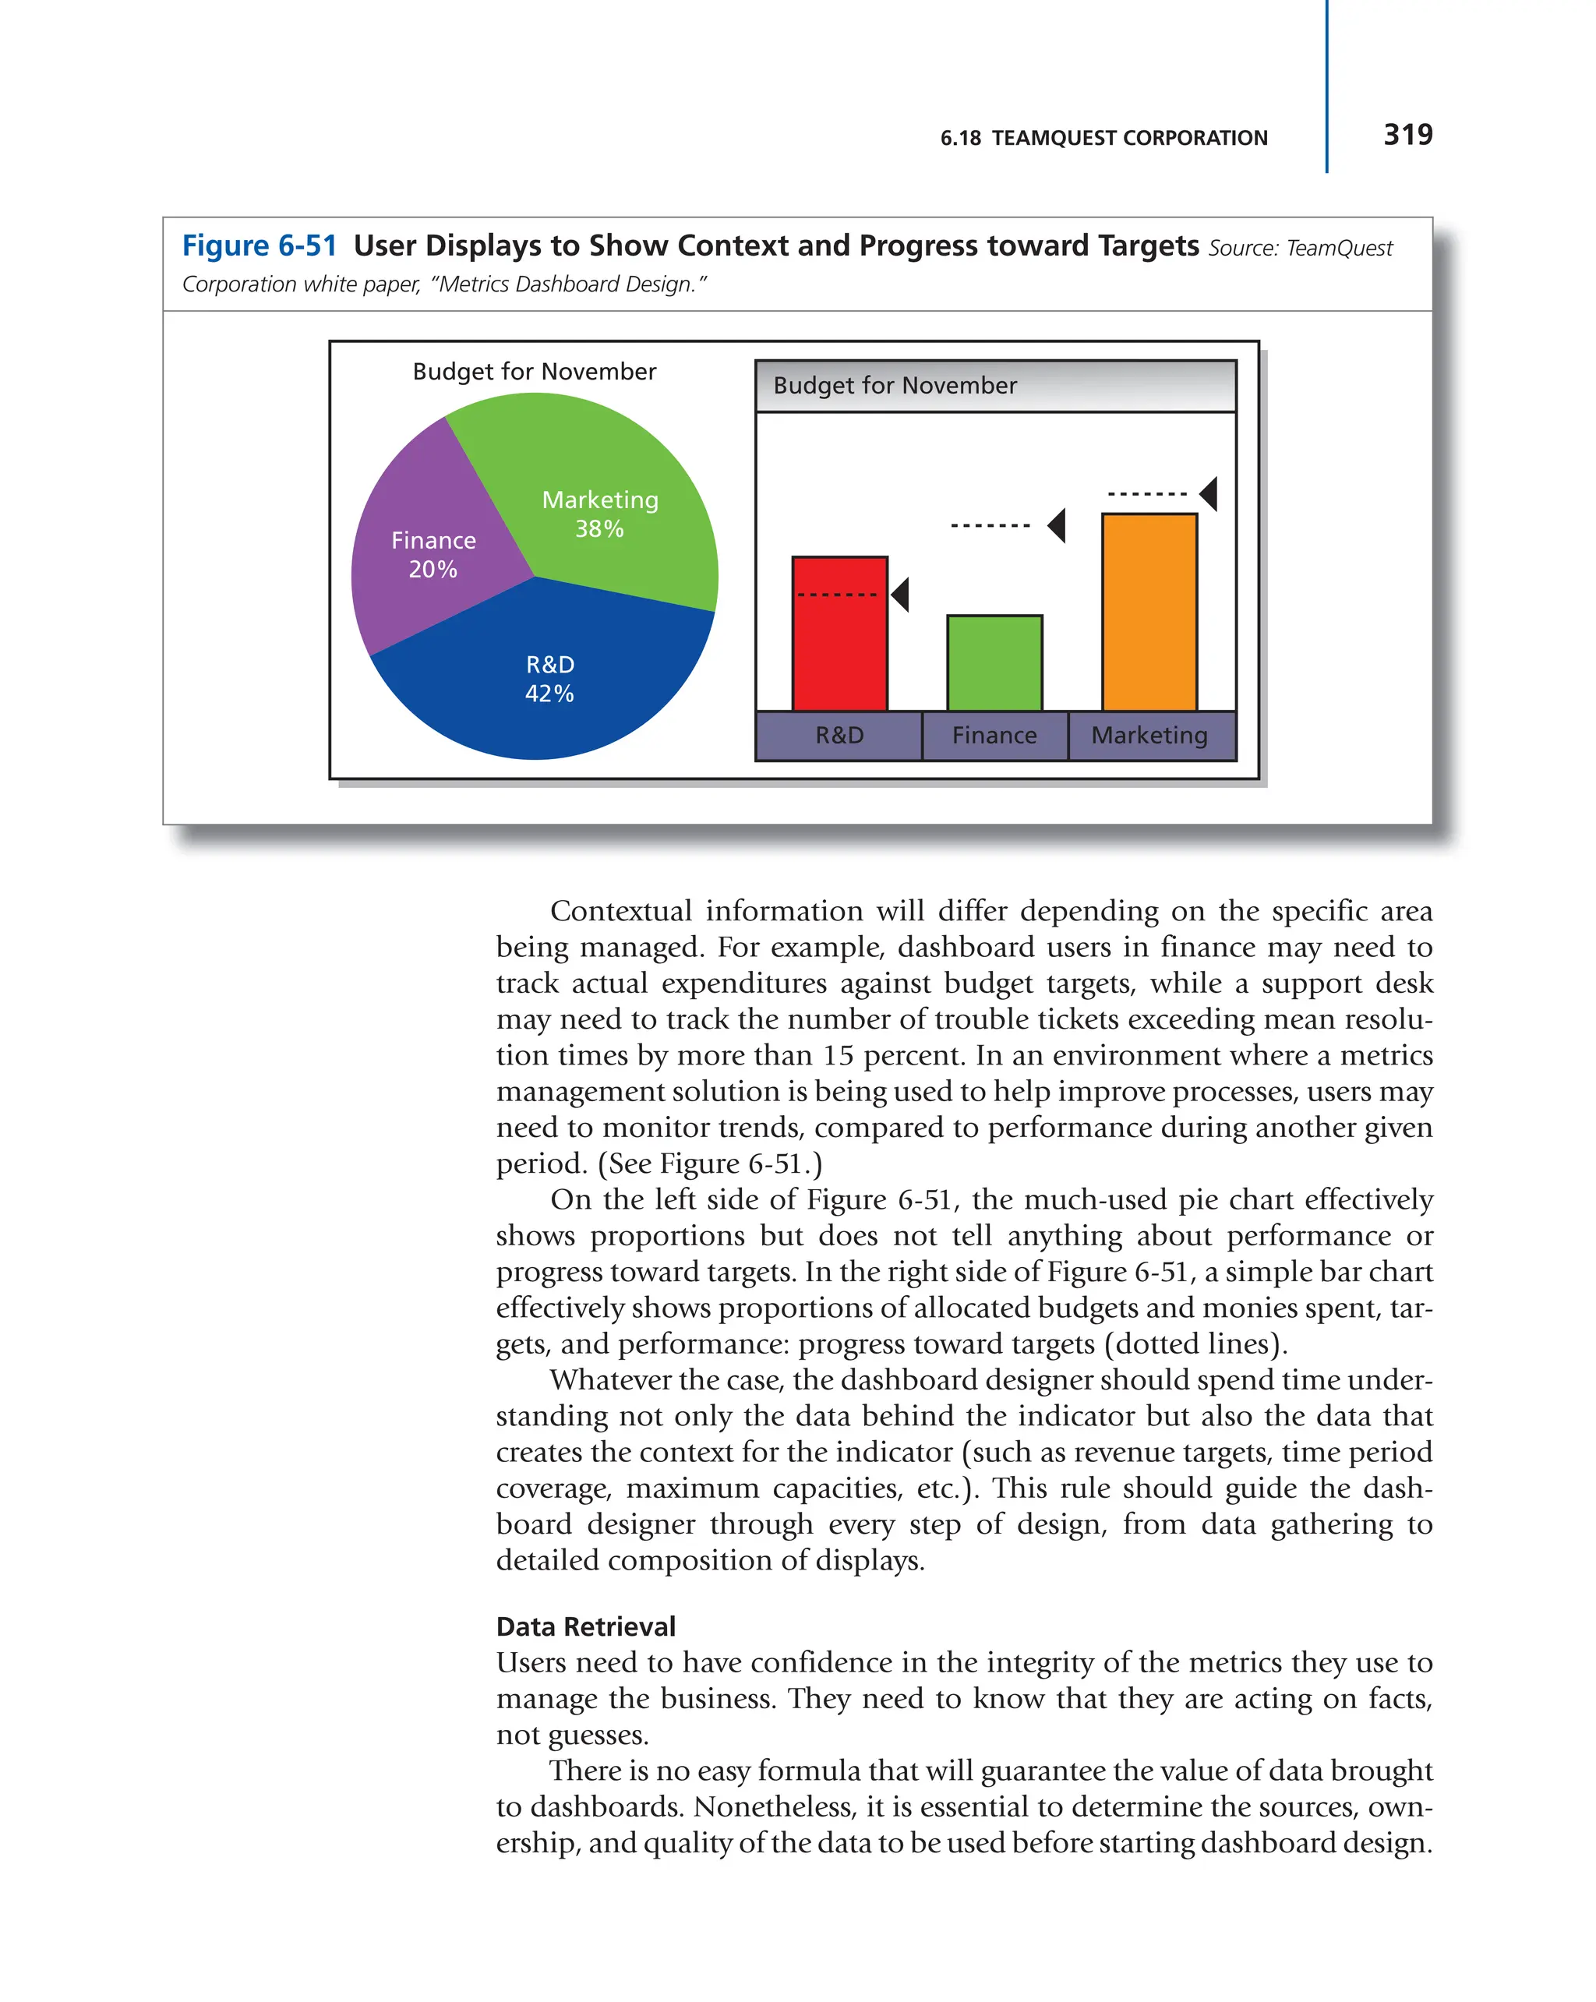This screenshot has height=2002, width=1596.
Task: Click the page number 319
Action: coord(1407,135)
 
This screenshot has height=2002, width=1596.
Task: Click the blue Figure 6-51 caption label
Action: coord(259,245)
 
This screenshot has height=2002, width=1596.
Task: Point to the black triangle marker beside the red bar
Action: coord(901,595)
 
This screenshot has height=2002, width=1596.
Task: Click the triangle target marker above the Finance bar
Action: coord(1058,525)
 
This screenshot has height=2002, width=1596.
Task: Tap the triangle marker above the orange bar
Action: coord(1209,494)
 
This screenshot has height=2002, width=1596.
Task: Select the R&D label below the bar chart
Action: coord(839,736)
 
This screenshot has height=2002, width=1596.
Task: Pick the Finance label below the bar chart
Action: coord(994,736)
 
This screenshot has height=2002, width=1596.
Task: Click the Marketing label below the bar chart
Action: coord(1149,736)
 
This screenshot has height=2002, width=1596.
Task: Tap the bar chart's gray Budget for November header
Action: coord(995,385)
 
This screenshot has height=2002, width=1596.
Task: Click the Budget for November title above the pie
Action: coord(534,372)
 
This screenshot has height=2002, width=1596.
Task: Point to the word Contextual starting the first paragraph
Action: coord(620,911)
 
